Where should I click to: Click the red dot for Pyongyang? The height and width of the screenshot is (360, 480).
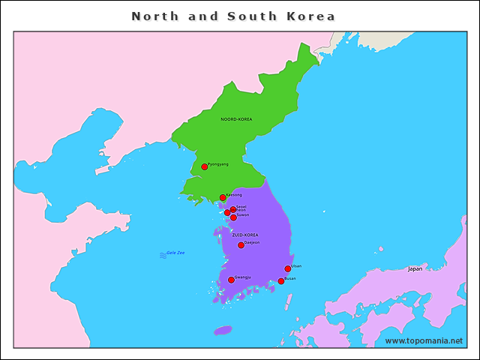204,166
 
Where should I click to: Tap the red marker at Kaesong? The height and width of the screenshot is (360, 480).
223,197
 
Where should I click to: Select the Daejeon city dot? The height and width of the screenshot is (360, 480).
241,245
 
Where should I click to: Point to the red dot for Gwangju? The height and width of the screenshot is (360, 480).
231,280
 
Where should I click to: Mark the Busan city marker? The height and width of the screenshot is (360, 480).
281,281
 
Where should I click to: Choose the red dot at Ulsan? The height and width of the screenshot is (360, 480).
288,268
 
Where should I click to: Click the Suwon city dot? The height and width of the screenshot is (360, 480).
233,217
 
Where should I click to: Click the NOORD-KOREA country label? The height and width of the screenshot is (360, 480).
236,119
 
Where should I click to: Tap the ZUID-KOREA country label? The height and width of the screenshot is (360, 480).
245,235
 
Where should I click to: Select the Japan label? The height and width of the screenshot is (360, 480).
415,268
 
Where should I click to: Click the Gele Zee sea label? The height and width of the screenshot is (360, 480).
175,253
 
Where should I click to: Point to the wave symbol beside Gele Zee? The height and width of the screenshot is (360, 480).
163,255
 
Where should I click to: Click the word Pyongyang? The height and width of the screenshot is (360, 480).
218,163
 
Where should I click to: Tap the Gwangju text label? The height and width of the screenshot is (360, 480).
243,277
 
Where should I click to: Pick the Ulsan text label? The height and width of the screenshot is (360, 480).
296,265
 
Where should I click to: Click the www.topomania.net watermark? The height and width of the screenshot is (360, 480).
424,340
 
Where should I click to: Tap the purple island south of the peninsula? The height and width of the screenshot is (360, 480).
223,330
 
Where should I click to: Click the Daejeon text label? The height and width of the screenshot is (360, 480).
253,242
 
